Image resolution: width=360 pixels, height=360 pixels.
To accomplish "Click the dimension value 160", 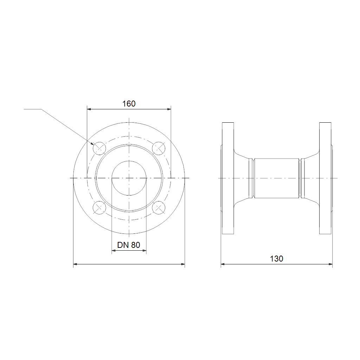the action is [129, 104].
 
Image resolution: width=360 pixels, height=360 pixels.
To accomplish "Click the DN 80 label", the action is [129, 245].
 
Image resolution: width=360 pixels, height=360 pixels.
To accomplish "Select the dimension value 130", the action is [276, 259].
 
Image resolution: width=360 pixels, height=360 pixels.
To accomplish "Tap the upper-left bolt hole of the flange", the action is [99, 148].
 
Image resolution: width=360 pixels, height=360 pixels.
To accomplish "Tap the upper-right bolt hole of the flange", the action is [159, 148].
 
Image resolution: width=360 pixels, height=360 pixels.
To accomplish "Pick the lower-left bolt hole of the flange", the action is [99, 207].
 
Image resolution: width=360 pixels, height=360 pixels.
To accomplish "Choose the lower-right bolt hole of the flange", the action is [159, 207].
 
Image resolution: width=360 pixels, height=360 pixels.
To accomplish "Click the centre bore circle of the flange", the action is [129, 161].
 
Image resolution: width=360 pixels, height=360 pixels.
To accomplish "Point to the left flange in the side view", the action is [228, 178].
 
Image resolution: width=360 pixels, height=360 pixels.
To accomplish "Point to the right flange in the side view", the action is [325, 178].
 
